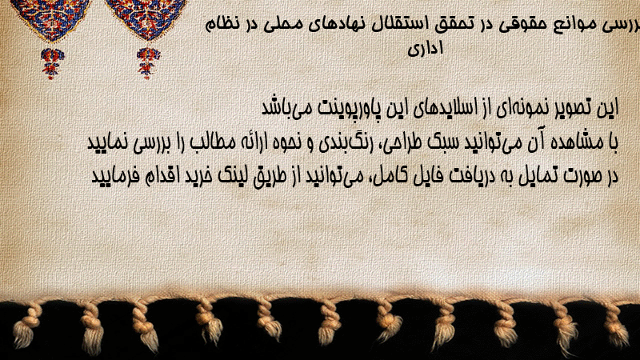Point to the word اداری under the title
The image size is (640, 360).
tap(426, 48)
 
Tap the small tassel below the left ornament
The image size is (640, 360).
tap(52, 63)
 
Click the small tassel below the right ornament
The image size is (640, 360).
tap(148, 63)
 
